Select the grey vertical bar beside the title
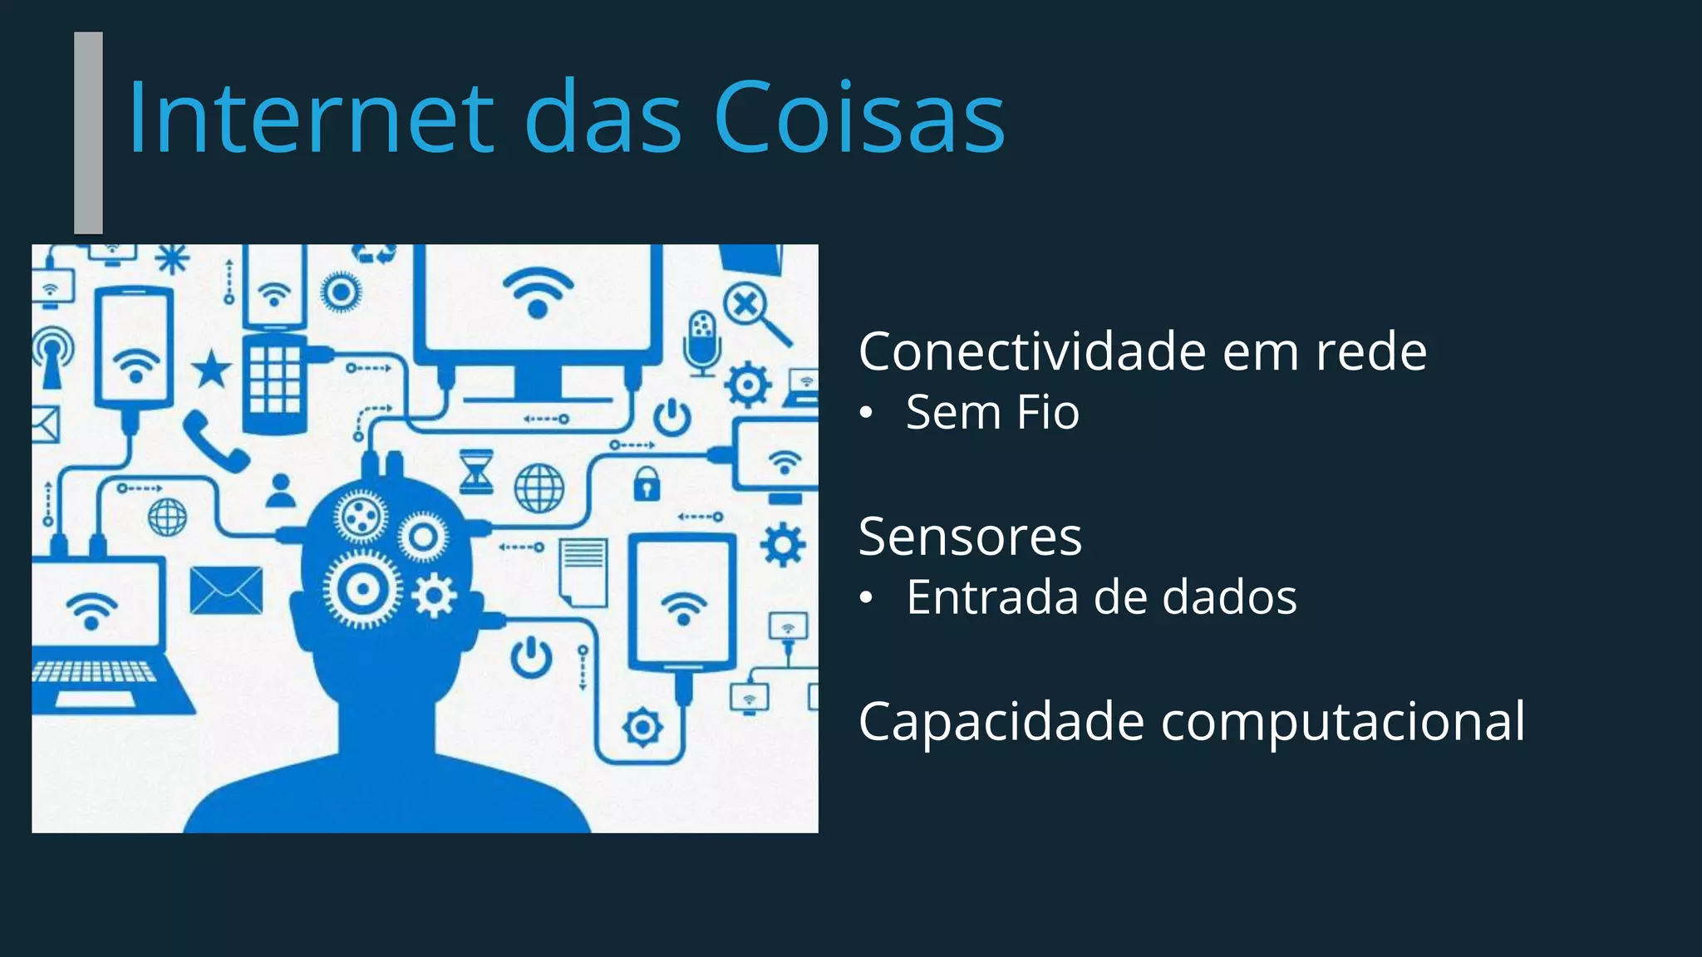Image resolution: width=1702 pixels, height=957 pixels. coord(88,133)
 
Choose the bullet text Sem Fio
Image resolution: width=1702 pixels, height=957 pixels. coord(992,412)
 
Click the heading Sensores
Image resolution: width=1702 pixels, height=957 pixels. coord(970,537)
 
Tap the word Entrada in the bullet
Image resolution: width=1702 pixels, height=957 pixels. coord(990,597)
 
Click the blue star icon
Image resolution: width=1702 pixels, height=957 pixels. coord(212,369)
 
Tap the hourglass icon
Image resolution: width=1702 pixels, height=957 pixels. coord(477,472)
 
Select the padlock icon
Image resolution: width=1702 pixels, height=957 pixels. coord(647,483)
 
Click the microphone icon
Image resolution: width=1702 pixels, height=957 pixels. coord(702,341)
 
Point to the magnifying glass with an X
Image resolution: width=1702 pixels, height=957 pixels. coord(753,312)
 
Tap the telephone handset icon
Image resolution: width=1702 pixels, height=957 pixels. coord(214,441)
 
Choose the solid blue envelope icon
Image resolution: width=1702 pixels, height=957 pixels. coord(226,591)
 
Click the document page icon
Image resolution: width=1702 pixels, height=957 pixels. coord(583,571)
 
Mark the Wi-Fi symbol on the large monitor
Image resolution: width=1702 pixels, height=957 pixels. coord(538,292)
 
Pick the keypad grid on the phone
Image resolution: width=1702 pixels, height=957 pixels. coord(275,379)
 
